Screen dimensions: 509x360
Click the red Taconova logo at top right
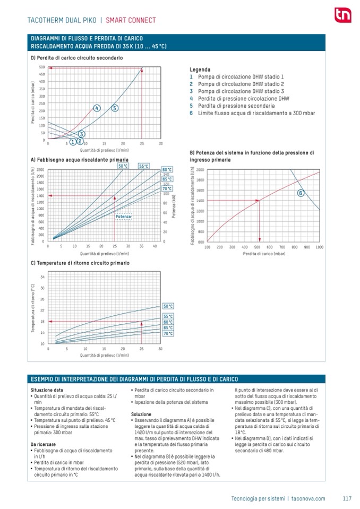pyautogui.click(x=340, y=15)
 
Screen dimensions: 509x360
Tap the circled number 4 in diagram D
pyautogui.click(x=97, y=108)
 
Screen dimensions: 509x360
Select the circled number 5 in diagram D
pyautogui.click(x=115, y=108)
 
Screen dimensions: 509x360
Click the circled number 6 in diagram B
pyautogui.click(x=300, y=193)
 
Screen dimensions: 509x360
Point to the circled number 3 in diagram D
pyautogui.click(x=82, y=134)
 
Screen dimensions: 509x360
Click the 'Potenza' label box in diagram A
pyautogui.click(x=123, y=217)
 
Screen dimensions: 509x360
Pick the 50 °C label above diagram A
pyautogui.click(x=123, y=166)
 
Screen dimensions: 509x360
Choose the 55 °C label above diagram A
pyautogui.click(x=143, y=166)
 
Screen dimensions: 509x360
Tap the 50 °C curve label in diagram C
pyautogui.click(x=168, y=306)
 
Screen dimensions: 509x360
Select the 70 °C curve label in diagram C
pyautogui.click(x=168, y=333)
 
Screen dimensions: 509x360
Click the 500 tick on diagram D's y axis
pyautogui.click(x=42, y=67)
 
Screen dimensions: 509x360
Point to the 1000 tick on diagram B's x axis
pyautogui.click(x=319, y=247)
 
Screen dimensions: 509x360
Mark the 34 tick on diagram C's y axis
pyautogui.click(x=42, y=277)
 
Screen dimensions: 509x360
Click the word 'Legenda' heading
pyautogui.click(x=200, y=70)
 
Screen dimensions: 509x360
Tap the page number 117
pyautogui.click(x=347, y=498)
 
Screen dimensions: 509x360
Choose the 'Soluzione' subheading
pyautogui.click(x=141, y=414)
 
